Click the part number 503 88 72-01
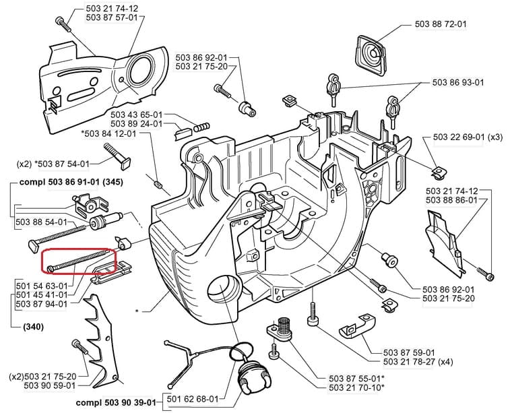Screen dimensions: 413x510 click(x=439, y=24)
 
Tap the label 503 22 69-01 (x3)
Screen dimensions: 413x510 click(x=468, y=137)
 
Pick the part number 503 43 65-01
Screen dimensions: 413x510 click(x=136, y=115)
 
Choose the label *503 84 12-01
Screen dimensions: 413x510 click(x=108, y=133)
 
